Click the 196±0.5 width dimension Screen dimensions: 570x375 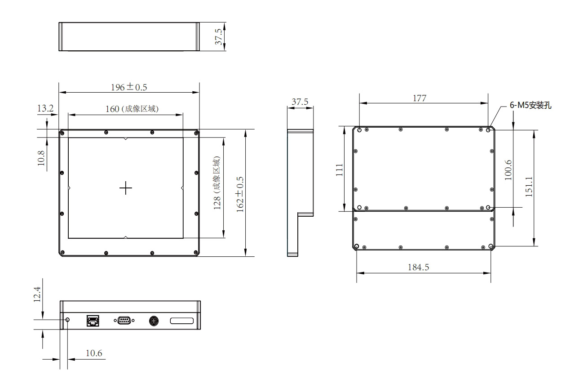129,87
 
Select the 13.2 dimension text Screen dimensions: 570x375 45,108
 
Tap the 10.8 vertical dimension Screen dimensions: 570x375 41,158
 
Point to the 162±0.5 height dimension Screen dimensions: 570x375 240,194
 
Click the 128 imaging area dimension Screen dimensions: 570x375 217,183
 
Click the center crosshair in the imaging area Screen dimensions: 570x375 126,188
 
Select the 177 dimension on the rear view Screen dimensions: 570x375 420,98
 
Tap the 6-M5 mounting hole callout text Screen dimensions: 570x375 530,105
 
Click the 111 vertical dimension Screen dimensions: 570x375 340,170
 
